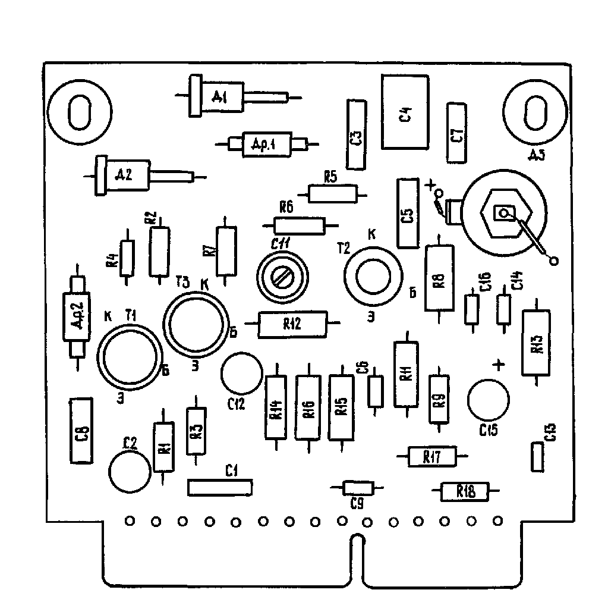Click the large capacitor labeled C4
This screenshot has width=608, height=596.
[405, 112]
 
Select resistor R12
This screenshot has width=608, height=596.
[292, 324]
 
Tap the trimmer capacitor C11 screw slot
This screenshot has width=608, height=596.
[280, 276]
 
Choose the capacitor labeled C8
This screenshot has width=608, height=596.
[82, 431]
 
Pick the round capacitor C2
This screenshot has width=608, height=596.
[130, 470]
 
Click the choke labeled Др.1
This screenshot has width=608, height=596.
[266, 144]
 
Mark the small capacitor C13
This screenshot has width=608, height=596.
[537, 457]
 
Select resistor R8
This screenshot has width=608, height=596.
[439, 278]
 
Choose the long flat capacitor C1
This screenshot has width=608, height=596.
[220, 487]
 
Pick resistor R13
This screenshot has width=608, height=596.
[537, 343]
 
